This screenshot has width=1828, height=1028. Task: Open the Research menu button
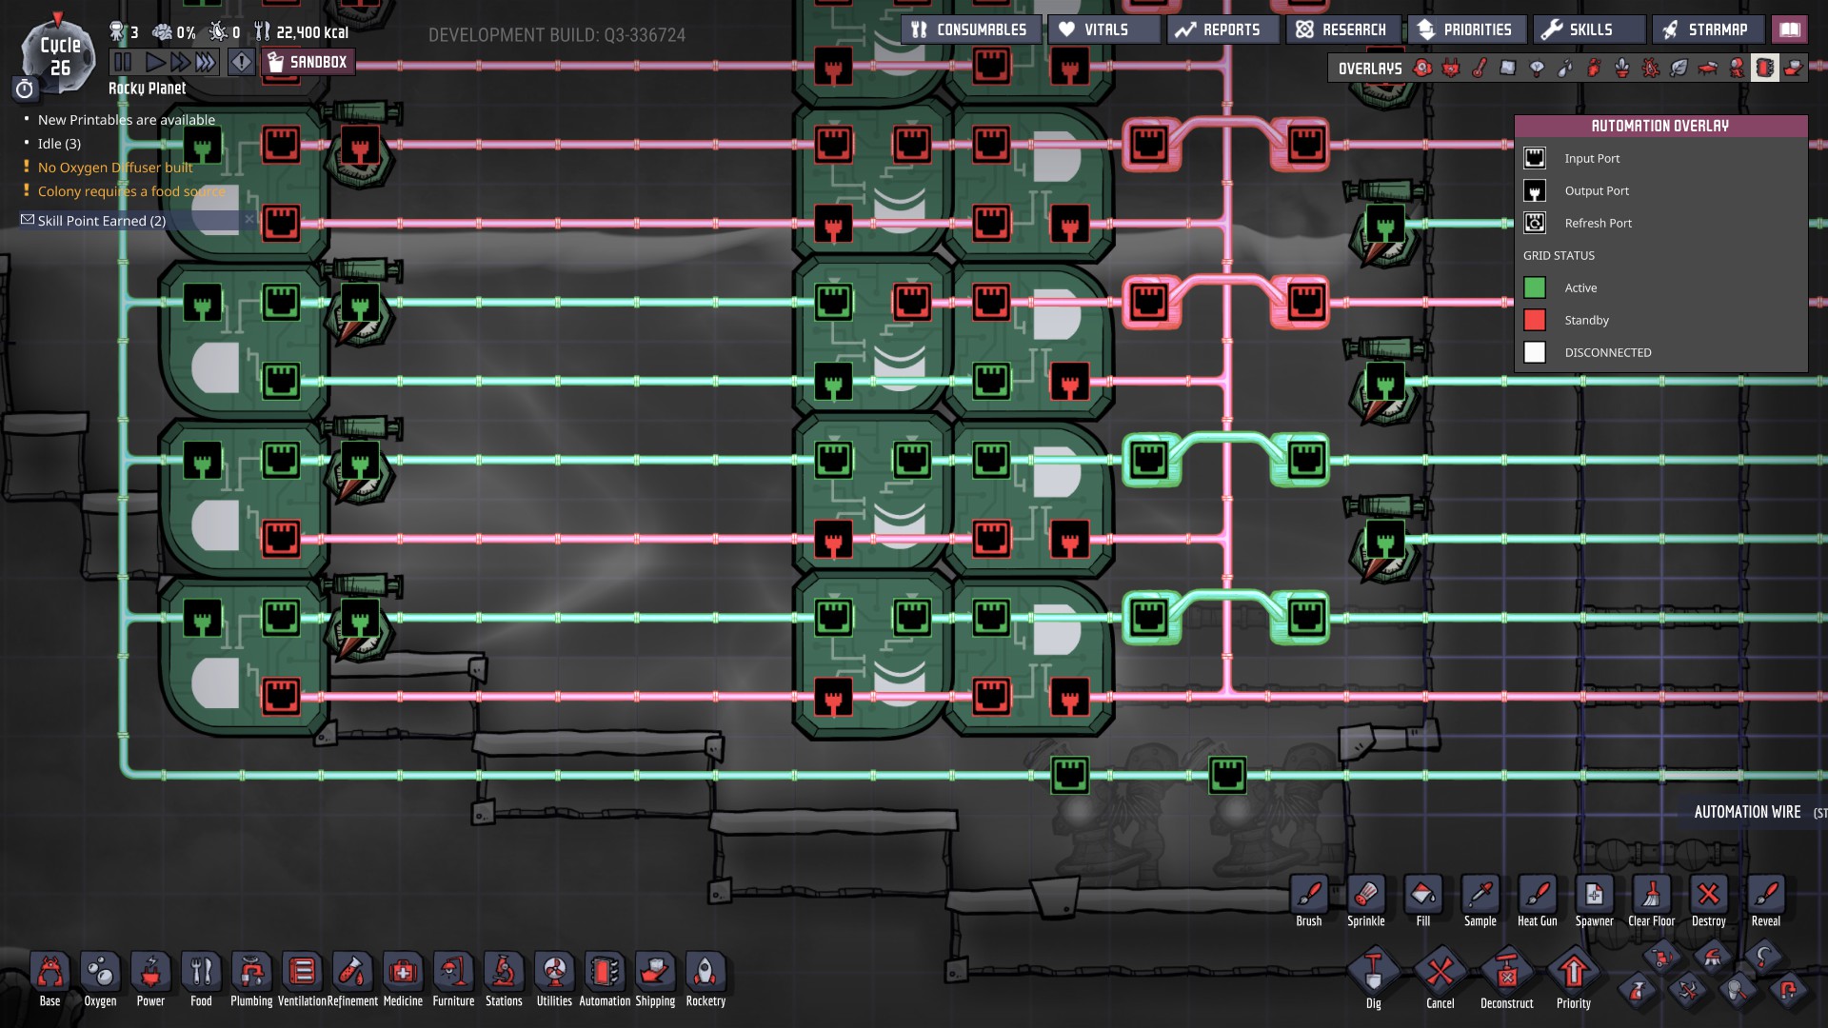1342,30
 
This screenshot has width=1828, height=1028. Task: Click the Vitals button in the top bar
1104,30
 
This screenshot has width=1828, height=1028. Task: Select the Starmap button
1707,30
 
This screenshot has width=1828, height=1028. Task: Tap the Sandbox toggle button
307,63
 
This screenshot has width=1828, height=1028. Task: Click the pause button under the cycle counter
123,63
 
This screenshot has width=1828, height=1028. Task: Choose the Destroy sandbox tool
1708,900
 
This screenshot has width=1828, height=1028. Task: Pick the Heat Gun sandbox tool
1537,900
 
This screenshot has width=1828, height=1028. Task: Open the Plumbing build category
251,979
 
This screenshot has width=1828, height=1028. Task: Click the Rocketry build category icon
705,979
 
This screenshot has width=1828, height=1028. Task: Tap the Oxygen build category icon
100,979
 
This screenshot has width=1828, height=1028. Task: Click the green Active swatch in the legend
1535,287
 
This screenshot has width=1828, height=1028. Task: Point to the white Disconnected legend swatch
1535,352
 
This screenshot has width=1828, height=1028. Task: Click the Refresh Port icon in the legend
1535,223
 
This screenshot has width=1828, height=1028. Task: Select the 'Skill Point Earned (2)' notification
102,221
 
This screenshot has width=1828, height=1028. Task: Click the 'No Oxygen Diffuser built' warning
115,168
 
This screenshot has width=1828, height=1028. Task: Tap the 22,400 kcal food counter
312,32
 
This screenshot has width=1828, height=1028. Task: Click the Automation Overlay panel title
1660,126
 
